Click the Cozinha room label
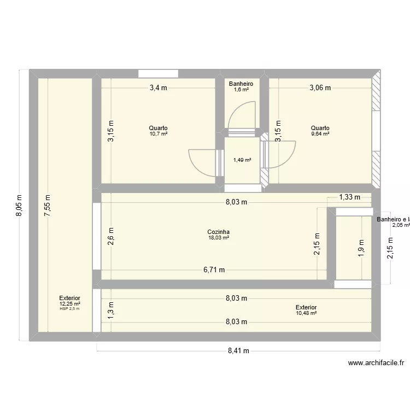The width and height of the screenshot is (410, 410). tap(218, 232)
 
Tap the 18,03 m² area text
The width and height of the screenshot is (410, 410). tap(218, 238)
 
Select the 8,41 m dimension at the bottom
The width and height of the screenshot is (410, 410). tap(238, 351)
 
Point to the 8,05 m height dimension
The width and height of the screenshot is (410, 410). tap(20, 206)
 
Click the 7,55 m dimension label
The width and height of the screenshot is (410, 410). tap(48, 206)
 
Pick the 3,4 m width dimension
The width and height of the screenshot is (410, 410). tap(158, 87)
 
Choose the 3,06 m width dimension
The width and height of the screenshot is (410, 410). tap(320, 87)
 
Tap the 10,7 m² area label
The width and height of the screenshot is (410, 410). tap(158, 134)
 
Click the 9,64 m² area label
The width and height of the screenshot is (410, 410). tap(320, 134)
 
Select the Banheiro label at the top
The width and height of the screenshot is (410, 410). tap(241, 84)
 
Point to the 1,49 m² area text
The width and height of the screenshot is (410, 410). tap(242, 160)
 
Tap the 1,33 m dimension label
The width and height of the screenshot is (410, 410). tap(349, 197)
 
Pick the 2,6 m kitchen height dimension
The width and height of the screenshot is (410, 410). tap(111, 237)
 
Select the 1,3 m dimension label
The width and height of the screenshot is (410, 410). tap(111, 310)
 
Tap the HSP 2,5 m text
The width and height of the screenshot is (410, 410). tap(70, 309)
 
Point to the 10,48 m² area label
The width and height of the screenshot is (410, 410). tap(306, 313)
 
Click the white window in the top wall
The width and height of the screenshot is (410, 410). tap(158, 74)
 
